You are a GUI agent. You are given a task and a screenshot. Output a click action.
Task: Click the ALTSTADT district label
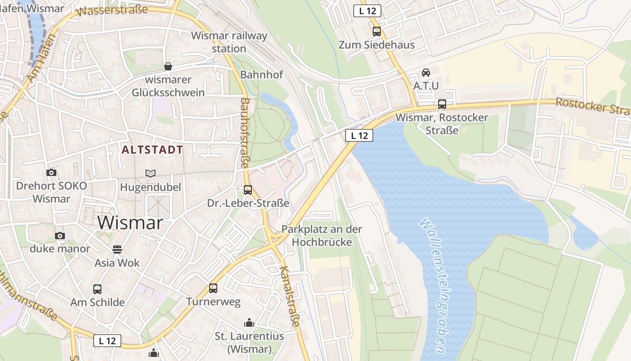point(152,150)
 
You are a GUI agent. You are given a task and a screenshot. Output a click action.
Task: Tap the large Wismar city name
point(130,223)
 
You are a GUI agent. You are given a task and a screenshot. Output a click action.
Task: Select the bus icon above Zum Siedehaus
point(376,32)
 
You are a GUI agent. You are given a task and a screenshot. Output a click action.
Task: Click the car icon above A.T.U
point(425,72)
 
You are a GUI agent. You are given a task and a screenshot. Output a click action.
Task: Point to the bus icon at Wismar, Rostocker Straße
point(442,104)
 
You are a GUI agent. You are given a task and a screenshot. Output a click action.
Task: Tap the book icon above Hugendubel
point(150,173)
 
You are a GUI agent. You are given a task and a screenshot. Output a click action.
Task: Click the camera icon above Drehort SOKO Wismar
point(51,172)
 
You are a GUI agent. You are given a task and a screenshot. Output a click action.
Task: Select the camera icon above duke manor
point(59,236)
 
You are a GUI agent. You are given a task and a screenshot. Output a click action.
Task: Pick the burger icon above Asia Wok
point(117,250)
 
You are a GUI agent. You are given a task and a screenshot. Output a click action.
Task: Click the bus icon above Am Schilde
point(97,289)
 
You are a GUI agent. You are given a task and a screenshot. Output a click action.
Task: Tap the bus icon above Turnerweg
point(213,288)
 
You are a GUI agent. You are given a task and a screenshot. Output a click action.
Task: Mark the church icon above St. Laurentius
point(249,323)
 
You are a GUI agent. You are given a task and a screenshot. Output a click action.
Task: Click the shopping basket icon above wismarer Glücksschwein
point(168,66)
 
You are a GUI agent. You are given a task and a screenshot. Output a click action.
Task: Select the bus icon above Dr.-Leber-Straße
point(247,190)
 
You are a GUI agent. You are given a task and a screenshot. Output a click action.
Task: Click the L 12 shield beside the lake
point(359,135)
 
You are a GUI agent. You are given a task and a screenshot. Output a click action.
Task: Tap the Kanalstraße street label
point(289,296)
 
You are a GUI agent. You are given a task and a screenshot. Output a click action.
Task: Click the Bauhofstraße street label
point(245,133)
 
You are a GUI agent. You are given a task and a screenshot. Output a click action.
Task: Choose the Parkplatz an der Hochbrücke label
point(321,236)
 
